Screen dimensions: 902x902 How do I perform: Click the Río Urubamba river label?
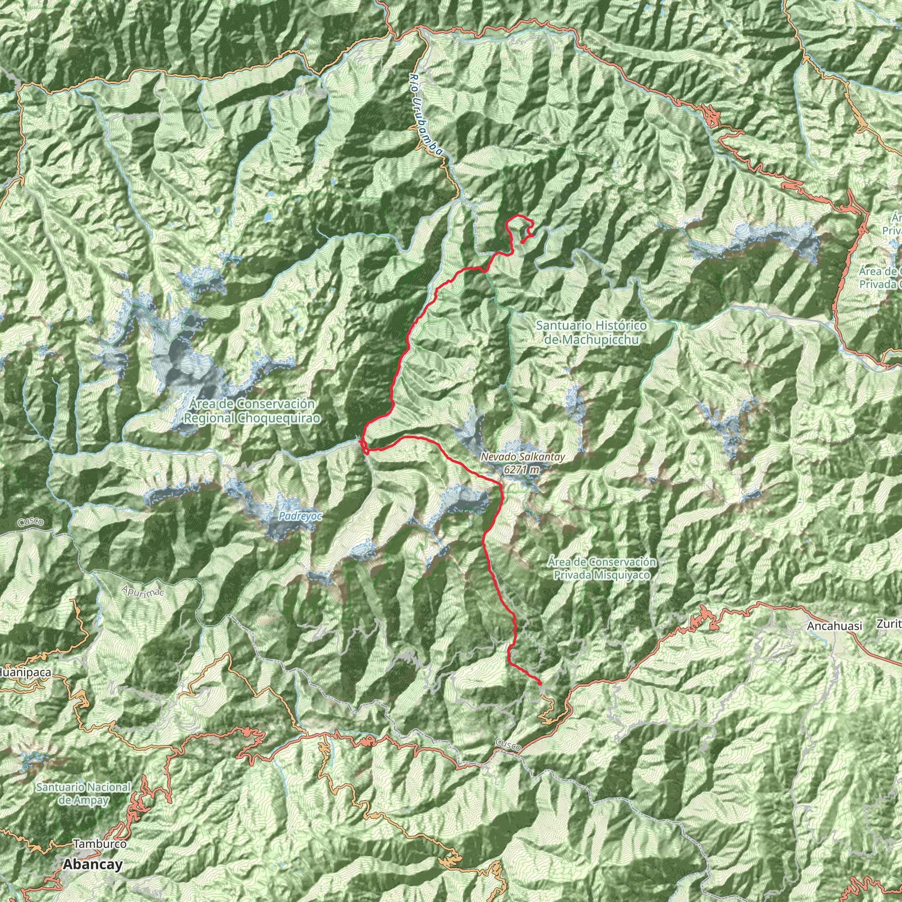[x=425, y=115]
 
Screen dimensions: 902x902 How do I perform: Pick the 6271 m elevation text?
[x=521, y=470]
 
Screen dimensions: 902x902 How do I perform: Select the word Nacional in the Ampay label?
[x=106, y=787]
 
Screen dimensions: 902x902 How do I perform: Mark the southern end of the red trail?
[x=540, y=684]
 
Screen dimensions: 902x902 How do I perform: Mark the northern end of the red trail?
[x=522, y=241]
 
